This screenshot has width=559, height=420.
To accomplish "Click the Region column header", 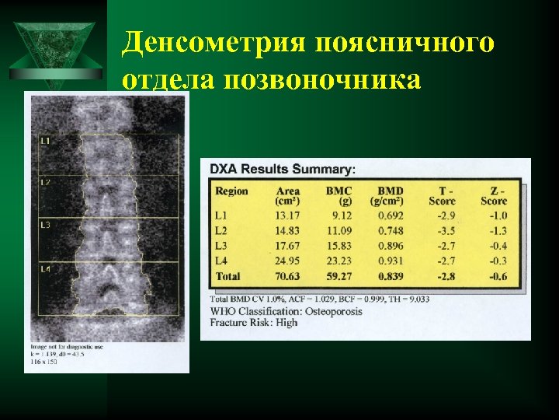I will (x=231, y=191).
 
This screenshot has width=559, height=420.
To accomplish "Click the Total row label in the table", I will (x=227, y=276).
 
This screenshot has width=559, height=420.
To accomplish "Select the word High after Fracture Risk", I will (x=286, y=322).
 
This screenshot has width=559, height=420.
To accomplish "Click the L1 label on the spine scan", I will (x=45, y=141).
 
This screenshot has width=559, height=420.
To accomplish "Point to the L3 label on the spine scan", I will (x=45, y=225).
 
